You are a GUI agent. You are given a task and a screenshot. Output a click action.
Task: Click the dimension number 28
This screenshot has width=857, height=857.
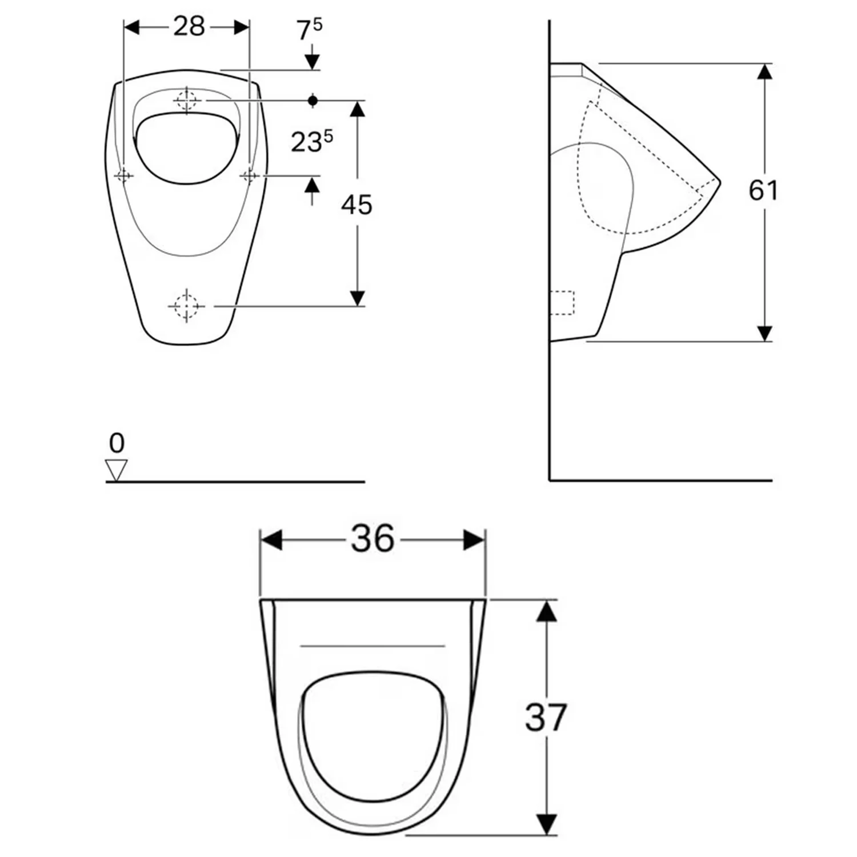[189, 26]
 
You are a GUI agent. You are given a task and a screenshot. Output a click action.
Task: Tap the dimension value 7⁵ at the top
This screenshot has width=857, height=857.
[309, 30]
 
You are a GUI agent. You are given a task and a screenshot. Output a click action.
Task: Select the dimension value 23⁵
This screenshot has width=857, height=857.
[311, 141]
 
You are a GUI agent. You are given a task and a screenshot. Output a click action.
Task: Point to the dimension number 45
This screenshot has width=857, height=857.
[357, 205]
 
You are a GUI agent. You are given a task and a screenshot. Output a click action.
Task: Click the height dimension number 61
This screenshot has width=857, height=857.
[763, 190]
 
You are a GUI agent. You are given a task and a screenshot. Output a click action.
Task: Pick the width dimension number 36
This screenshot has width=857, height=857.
[373, 538]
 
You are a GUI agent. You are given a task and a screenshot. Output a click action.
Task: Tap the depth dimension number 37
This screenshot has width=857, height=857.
[546, 718]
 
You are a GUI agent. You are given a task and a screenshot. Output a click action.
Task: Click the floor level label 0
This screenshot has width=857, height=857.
[117, 443]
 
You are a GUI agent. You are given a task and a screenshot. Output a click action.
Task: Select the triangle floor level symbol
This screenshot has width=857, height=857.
[117, 470]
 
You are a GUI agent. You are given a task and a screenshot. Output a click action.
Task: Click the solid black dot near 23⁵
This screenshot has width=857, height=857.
[313, 101]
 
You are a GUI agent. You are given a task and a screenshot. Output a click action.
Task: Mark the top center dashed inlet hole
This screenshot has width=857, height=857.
[187, 101]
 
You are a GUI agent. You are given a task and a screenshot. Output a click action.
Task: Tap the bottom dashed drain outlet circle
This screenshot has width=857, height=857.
[186, 306]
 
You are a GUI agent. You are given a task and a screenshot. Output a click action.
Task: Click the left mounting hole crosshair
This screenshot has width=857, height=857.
[124, 175]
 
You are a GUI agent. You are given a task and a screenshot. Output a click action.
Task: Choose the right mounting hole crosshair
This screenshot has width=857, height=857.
[250, 175]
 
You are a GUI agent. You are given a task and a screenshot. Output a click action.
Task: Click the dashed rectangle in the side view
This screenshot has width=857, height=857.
[562, 302]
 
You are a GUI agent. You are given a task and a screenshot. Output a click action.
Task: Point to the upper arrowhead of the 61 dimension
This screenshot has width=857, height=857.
[764, 72]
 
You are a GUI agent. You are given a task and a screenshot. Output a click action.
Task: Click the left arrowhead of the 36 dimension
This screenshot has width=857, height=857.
[271, 540]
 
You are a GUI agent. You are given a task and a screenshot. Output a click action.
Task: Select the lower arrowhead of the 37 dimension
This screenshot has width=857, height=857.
[547, 824]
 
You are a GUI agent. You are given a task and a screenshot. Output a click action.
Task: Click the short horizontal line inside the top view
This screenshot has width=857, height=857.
[373, 646]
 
